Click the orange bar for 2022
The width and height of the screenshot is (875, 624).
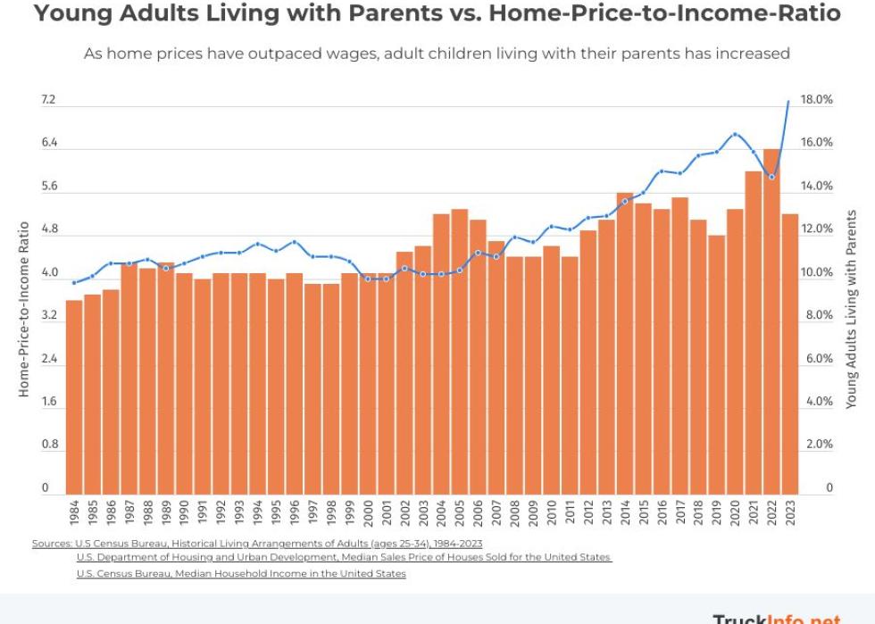click(x=771, y=321)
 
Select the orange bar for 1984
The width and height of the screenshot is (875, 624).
click(x=74, y=397)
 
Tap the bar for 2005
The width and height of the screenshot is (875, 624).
click(x=460, y=352)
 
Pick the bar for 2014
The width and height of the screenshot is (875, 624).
click(x=625, y=344)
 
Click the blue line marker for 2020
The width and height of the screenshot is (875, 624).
click(x=735, y=134)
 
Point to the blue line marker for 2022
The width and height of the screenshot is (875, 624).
click(x=771, y=177)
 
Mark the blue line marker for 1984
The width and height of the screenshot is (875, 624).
click(x=74, y=283)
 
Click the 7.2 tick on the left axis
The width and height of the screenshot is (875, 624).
click(x=48, y=100)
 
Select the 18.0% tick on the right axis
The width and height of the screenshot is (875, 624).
click(x=816, y=100)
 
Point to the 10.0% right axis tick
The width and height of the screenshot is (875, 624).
click(x=816, y=273)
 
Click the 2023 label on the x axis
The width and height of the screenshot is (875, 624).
click(x=790, y=515)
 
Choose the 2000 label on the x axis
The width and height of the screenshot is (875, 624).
click(x=368, y=515)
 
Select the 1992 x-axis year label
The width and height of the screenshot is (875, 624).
click(x=221, y=515)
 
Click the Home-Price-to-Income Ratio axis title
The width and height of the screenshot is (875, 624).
click(x=24, y=309)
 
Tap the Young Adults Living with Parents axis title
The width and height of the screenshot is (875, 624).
click(x=851, y=309)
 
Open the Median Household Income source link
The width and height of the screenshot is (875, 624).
click(x=241, y=573)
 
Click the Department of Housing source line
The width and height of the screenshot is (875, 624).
click(x=344, y=557)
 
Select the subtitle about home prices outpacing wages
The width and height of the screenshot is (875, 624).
click(x=437, y=54)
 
